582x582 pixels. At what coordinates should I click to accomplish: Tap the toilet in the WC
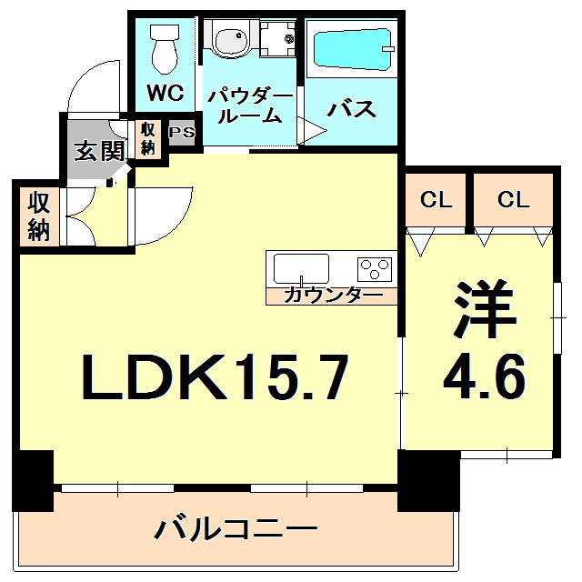tap(166, 47)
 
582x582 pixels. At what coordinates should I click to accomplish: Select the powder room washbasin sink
tap(230, 41)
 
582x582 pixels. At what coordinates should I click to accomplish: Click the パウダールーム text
tap(248, 105)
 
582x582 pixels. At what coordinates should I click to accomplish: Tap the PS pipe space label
tap(182, 133)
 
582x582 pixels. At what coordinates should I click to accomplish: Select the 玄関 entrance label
tap(99, 150)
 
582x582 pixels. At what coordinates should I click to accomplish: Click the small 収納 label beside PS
tap(147, 137)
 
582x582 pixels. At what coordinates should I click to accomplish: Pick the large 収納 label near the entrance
tap(37, 216)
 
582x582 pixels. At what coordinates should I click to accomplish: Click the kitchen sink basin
tap(301, 269)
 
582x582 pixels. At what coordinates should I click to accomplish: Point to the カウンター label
tap(332, 295)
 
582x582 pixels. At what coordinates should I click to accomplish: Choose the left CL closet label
tap(436, 200)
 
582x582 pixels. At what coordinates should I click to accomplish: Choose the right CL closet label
tap(514, 200)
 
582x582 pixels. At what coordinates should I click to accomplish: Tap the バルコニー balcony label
tap(236, 528)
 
